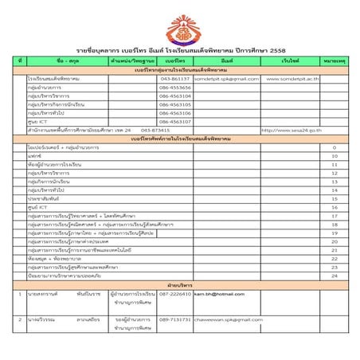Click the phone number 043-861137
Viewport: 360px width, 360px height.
pos(174,79)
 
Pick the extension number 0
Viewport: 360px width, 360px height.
pos(335,148)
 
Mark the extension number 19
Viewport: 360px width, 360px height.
pos(335,233)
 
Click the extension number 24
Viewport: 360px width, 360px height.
pos(335,276)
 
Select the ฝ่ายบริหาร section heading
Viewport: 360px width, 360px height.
pos(179,284)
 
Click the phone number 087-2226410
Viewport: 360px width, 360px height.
pos(174,294)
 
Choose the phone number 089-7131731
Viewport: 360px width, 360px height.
pos(174,319)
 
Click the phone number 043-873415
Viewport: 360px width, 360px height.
pos(155,131)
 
